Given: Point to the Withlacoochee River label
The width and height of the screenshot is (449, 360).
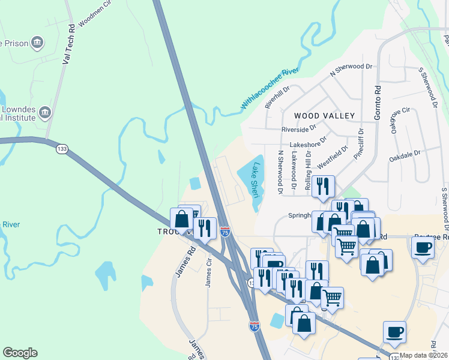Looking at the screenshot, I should (x=270, y=89).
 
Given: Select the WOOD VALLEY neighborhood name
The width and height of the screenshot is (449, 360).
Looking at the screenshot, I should (x=324, y=115).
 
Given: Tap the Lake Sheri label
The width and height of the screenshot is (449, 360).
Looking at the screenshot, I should (x=256, y=180).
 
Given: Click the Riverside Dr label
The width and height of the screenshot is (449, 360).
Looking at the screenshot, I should (x=298, y=129).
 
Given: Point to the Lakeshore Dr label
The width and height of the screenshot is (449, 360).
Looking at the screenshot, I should (x=308, y=144).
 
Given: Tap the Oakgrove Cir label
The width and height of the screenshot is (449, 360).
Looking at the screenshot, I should (x=400, y=121).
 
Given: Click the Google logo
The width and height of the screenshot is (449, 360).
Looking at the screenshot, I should (x=20, y=353).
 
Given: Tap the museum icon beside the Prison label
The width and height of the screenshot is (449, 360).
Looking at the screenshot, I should (x=38, y=43).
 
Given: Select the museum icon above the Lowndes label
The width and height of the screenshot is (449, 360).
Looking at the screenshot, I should (x=44, y=113).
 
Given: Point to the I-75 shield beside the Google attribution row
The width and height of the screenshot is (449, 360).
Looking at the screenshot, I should (x=254, y=326).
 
